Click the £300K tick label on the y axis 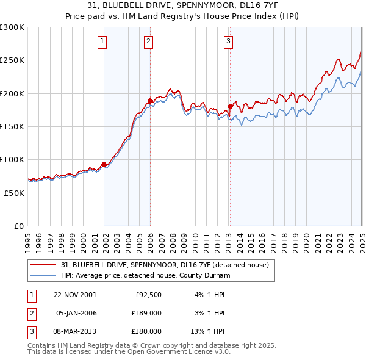pyautogui.click(x=12, y=27)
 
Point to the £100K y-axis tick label pyautogui.click(x=12, y=159)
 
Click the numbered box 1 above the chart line pyautogui.click(x=102, y=41)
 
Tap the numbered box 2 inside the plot pyautogui.click(x=148, y=41)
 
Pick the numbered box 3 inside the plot pyautogui.click(x=228, y=41)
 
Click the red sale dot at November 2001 pyautogui.click(x=104, y=164)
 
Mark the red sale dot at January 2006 pyautogui.click(x=150, y=101)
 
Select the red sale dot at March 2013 pyautogui.click(x=230, y=106)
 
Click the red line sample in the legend pyautogui.click(x=44, y=265)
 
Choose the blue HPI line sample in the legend pyautogui.click(x=44, y=276)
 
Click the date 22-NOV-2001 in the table pyautogui.click(x=75, y=295)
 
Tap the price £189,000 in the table pyautogui.click(x=147, y=313)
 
